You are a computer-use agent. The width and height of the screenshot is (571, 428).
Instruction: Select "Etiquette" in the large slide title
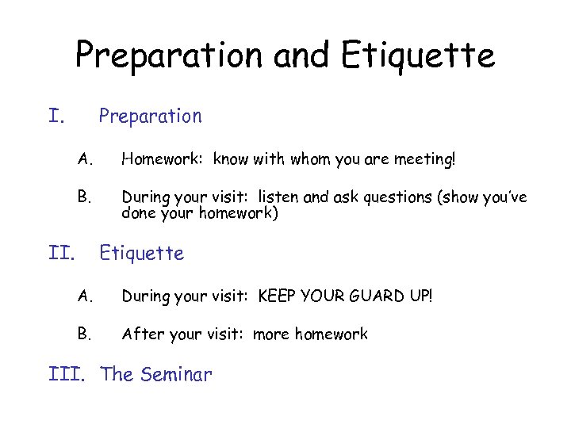[419, 55]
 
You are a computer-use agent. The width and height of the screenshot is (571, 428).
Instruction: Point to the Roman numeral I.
[56, 117]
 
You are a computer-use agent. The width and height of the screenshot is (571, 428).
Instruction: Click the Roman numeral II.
[61, 254]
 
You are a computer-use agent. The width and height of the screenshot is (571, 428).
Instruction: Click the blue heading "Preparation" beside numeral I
[150, 117]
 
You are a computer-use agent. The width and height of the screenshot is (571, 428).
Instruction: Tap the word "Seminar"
[177, 374]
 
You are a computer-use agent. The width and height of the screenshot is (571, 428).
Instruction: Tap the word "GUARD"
[374, 296]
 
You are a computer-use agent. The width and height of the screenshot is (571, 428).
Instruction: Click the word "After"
[141, 334]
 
